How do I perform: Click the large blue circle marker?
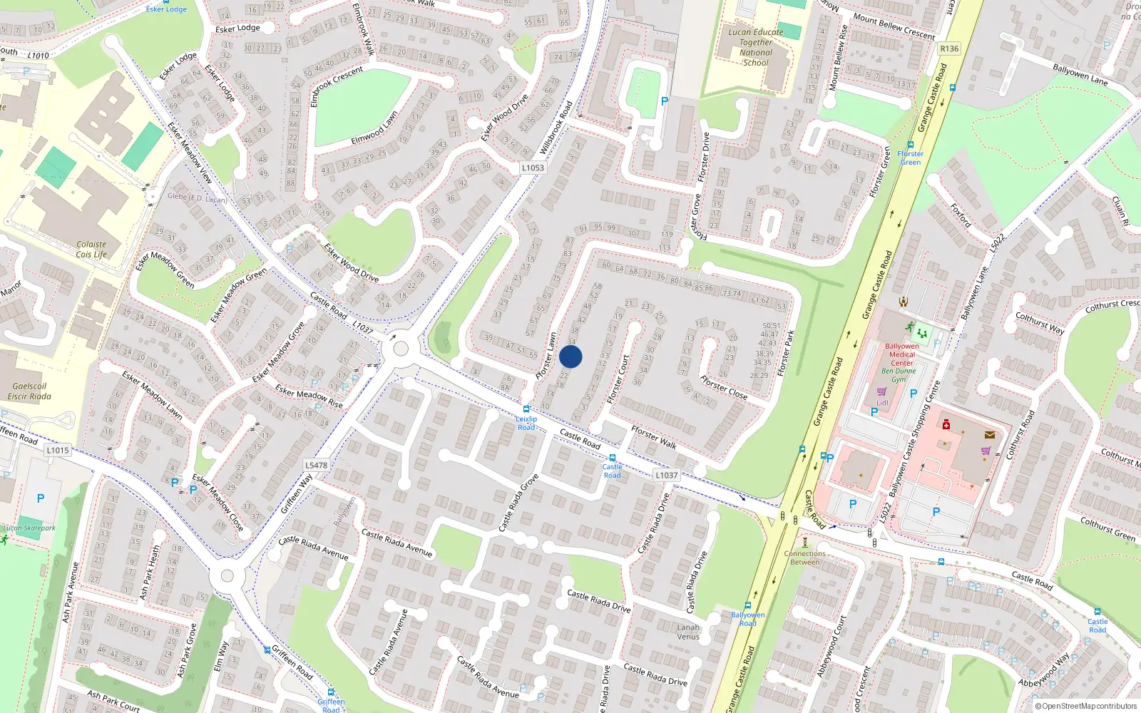tap(570, 356)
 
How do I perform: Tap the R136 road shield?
tap(949, 48)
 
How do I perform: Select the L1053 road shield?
tap(532, 168)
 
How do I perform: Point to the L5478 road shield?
tap(316, 465)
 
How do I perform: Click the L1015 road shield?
tap(58, 450)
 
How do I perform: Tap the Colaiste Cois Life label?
tap(91, 249)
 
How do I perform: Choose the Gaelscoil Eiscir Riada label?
tap(29, 391)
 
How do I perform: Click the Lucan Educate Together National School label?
tap(755, 47)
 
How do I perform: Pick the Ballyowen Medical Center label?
tap(901, 354)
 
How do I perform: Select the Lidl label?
tap(882, 403)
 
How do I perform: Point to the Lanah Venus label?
tap(688, 632)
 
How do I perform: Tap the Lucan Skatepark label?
tap(29, 528)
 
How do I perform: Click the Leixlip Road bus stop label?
tap(526, 423)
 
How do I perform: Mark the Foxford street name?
tap(961, 215)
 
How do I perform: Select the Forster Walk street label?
tap(654, 437)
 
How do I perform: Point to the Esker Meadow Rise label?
tap(309, 398)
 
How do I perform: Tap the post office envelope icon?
tap(990, 434)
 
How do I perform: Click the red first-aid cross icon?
tap(946, 425)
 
